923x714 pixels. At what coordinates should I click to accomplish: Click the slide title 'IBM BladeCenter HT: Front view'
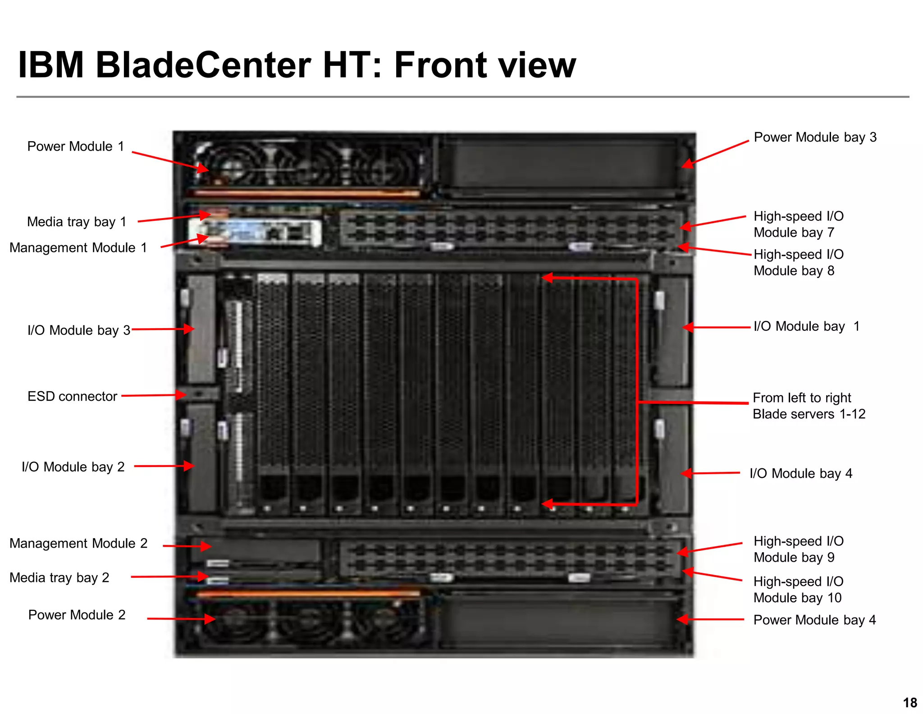297,65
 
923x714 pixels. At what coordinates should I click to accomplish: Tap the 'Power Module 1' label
76,146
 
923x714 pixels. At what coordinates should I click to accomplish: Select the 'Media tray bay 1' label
77,222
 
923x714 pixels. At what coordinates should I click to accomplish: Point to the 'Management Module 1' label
78,248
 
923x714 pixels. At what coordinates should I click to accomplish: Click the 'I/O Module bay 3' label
78,330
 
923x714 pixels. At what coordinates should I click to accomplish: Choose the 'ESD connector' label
72,397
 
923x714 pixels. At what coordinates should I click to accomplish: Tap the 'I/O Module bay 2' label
73,467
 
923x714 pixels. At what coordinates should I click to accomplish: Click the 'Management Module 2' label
78,544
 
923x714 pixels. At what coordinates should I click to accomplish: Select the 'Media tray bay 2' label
59,578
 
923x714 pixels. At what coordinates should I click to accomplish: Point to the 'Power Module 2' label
77,615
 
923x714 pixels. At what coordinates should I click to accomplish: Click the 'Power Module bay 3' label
815,137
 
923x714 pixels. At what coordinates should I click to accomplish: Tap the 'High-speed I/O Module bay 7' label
798,224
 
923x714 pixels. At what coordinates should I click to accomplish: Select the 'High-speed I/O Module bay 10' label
798,590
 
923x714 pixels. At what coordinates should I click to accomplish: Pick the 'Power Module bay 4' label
814,620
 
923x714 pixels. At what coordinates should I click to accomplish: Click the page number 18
910,703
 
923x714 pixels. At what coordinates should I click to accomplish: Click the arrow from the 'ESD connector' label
153,395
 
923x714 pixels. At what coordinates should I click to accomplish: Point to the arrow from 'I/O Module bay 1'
717,327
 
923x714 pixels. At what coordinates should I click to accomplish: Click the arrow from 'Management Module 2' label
187,546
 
